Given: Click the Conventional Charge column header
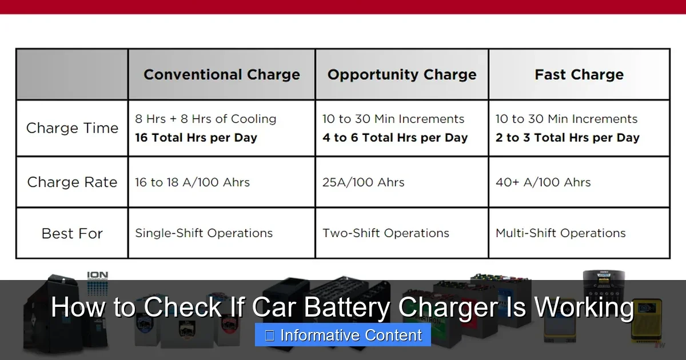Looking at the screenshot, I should (x=221, y=75).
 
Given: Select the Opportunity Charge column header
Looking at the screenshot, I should (x=401, y=75).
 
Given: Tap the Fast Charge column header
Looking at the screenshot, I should (x=579, y=75).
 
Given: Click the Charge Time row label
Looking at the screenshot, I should (x=72, y=128).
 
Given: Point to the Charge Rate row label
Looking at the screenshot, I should (x=72, y=182).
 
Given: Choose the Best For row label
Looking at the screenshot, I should (x=72, y=233).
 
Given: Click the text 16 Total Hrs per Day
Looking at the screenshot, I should (x=196, y=138).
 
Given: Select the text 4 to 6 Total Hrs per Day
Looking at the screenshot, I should (x=394, y=138).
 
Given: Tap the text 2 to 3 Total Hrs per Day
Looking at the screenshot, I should (x=567, y=138).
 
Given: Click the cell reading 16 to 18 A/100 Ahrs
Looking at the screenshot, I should (x=192, y=182).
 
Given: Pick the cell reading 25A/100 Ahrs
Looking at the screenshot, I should (x=363, y=182).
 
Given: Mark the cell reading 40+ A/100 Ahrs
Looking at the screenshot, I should (x=543, y=182).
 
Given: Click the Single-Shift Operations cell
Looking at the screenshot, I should (x=204, y=233).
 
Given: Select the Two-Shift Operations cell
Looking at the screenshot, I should (x=385, y=233).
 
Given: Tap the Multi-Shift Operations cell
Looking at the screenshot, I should (x=560, y=233).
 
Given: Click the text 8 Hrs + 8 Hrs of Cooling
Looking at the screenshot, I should (x=205, y=119).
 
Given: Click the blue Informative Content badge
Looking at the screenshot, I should (x=343, y=335).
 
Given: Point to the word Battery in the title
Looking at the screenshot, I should (x=347, y=307).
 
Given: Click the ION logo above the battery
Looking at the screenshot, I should (x=97, y=276).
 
